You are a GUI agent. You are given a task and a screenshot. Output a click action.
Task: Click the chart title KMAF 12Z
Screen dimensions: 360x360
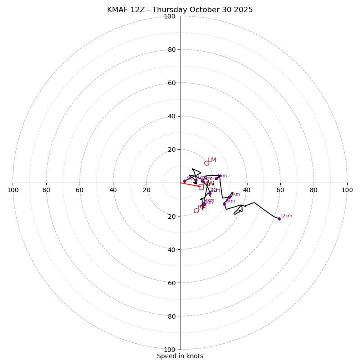(180, 10)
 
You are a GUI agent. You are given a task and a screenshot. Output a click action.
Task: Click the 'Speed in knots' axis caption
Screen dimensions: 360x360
(180, 356)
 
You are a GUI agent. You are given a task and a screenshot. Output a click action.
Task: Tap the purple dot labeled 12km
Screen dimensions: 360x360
(279, 219)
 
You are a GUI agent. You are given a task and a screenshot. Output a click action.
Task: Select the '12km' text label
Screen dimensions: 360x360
(286, 216)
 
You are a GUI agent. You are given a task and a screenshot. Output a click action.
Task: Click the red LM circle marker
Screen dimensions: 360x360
(207, 163)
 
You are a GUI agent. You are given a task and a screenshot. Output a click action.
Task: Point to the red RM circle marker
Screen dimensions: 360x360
(196, 211)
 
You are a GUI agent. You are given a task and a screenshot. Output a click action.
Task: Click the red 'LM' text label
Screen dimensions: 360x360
(212, 160)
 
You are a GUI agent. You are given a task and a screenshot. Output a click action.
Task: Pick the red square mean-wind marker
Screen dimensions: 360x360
(201, 187)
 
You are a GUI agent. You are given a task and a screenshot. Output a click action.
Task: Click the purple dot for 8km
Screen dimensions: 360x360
(224, 204)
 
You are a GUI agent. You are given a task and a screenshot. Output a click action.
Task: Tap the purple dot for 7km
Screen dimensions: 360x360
(229, 197)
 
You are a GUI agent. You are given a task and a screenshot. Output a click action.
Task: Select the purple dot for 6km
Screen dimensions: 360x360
(216, 178)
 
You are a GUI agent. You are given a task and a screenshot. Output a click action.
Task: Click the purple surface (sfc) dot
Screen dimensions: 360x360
(184, 181)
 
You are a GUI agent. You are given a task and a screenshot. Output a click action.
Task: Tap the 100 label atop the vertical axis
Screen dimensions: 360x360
(170, 17)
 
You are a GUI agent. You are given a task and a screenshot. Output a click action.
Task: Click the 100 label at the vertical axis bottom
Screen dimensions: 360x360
(170, 350)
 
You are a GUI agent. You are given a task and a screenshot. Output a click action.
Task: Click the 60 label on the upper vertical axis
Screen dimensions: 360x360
(171, 83)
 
